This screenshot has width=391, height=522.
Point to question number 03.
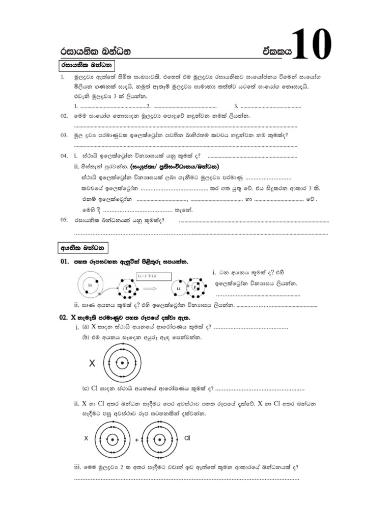pos(64,136)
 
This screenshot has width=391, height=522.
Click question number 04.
pos(64,155)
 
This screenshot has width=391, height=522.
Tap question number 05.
pos(64,220)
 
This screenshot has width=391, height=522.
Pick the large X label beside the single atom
pos(92,363)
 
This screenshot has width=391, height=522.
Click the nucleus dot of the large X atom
pos(122,363)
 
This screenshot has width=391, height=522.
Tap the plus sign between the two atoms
pos(136,439)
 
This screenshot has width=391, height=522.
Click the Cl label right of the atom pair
pos(186,438)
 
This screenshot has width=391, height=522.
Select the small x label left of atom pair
pos(86,438)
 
